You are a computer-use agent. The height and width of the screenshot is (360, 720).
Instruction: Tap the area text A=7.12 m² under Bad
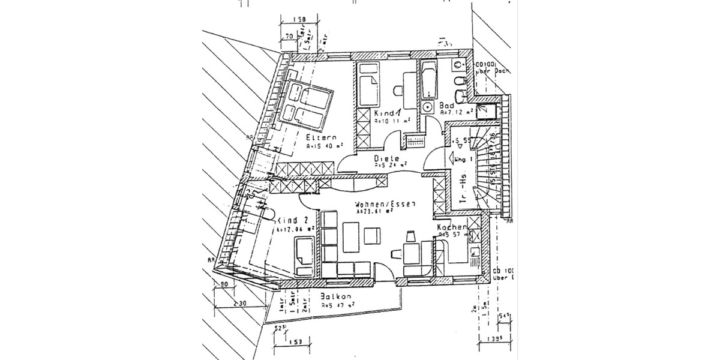(x=457, y=112)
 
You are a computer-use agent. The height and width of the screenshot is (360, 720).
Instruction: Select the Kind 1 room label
(x=386, y=113)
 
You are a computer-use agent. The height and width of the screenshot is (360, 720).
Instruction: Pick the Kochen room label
(x=451, y=227)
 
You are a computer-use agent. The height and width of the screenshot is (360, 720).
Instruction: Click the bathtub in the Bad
(x=429, y=81)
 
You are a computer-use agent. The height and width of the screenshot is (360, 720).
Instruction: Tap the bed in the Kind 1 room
(x=367, y=86)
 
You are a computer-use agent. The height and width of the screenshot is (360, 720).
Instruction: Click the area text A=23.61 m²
(x=374, y=211)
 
